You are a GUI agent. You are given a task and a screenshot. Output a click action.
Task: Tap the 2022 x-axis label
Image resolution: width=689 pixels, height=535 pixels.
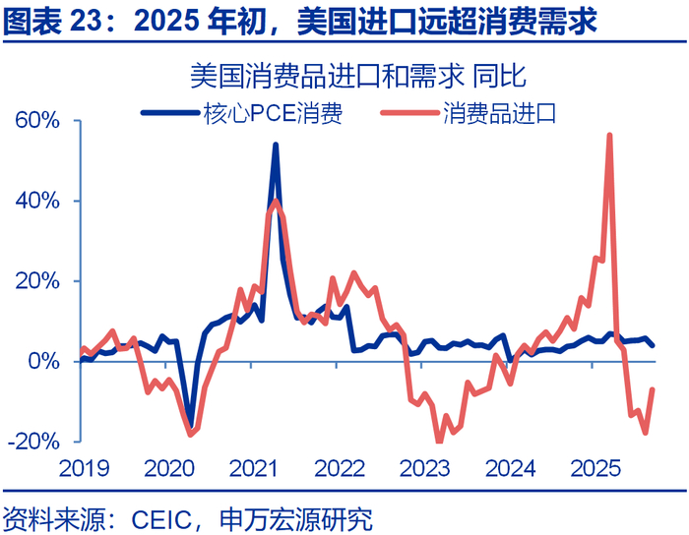tap(341, 467)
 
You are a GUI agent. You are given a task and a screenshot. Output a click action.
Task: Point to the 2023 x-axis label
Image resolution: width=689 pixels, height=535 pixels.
tap(425, 467)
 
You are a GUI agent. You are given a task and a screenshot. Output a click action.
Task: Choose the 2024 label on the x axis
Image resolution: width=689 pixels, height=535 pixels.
tap(510, 467)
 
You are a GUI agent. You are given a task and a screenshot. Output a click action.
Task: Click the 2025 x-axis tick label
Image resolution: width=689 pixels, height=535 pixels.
tap(594, 467)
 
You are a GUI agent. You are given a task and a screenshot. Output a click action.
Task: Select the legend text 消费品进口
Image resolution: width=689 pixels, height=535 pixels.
tap(500, 113)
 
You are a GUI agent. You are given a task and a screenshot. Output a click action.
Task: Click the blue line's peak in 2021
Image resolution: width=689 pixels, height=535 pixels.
tap(275, 145)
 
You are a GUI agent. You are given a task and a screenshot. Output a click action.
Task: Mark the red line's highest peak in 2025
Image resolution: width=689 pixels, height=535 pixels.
tap(610, 135)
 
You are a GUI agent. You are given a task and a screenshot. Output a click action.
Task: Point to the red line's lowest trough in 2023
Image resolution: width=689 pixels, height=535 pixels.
tap(439, 441)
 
